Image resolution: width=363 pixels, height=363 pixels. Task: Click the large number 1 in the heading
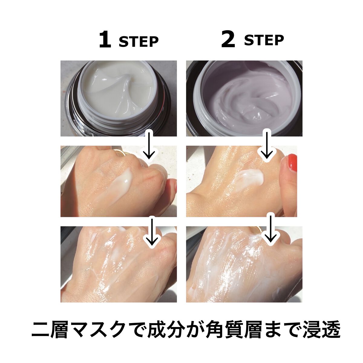105,40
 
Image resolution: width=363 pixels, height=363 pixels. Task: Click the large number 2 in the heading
228,40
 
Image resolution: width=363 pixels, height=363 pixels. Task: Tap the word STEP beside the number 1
139,42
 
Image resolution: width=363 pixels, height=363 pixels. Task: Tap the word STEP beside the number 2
264,40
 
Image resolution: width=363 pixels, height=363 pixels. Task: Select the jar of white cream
118,98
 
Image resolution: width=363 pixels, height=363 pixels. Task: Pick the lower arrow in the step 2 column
270,229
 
